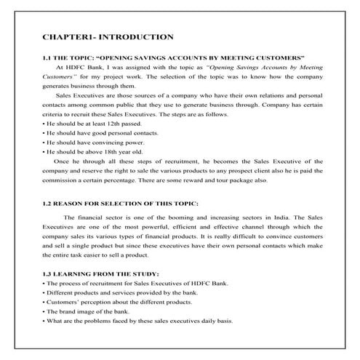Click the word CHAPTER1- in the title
coord(68,36)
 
